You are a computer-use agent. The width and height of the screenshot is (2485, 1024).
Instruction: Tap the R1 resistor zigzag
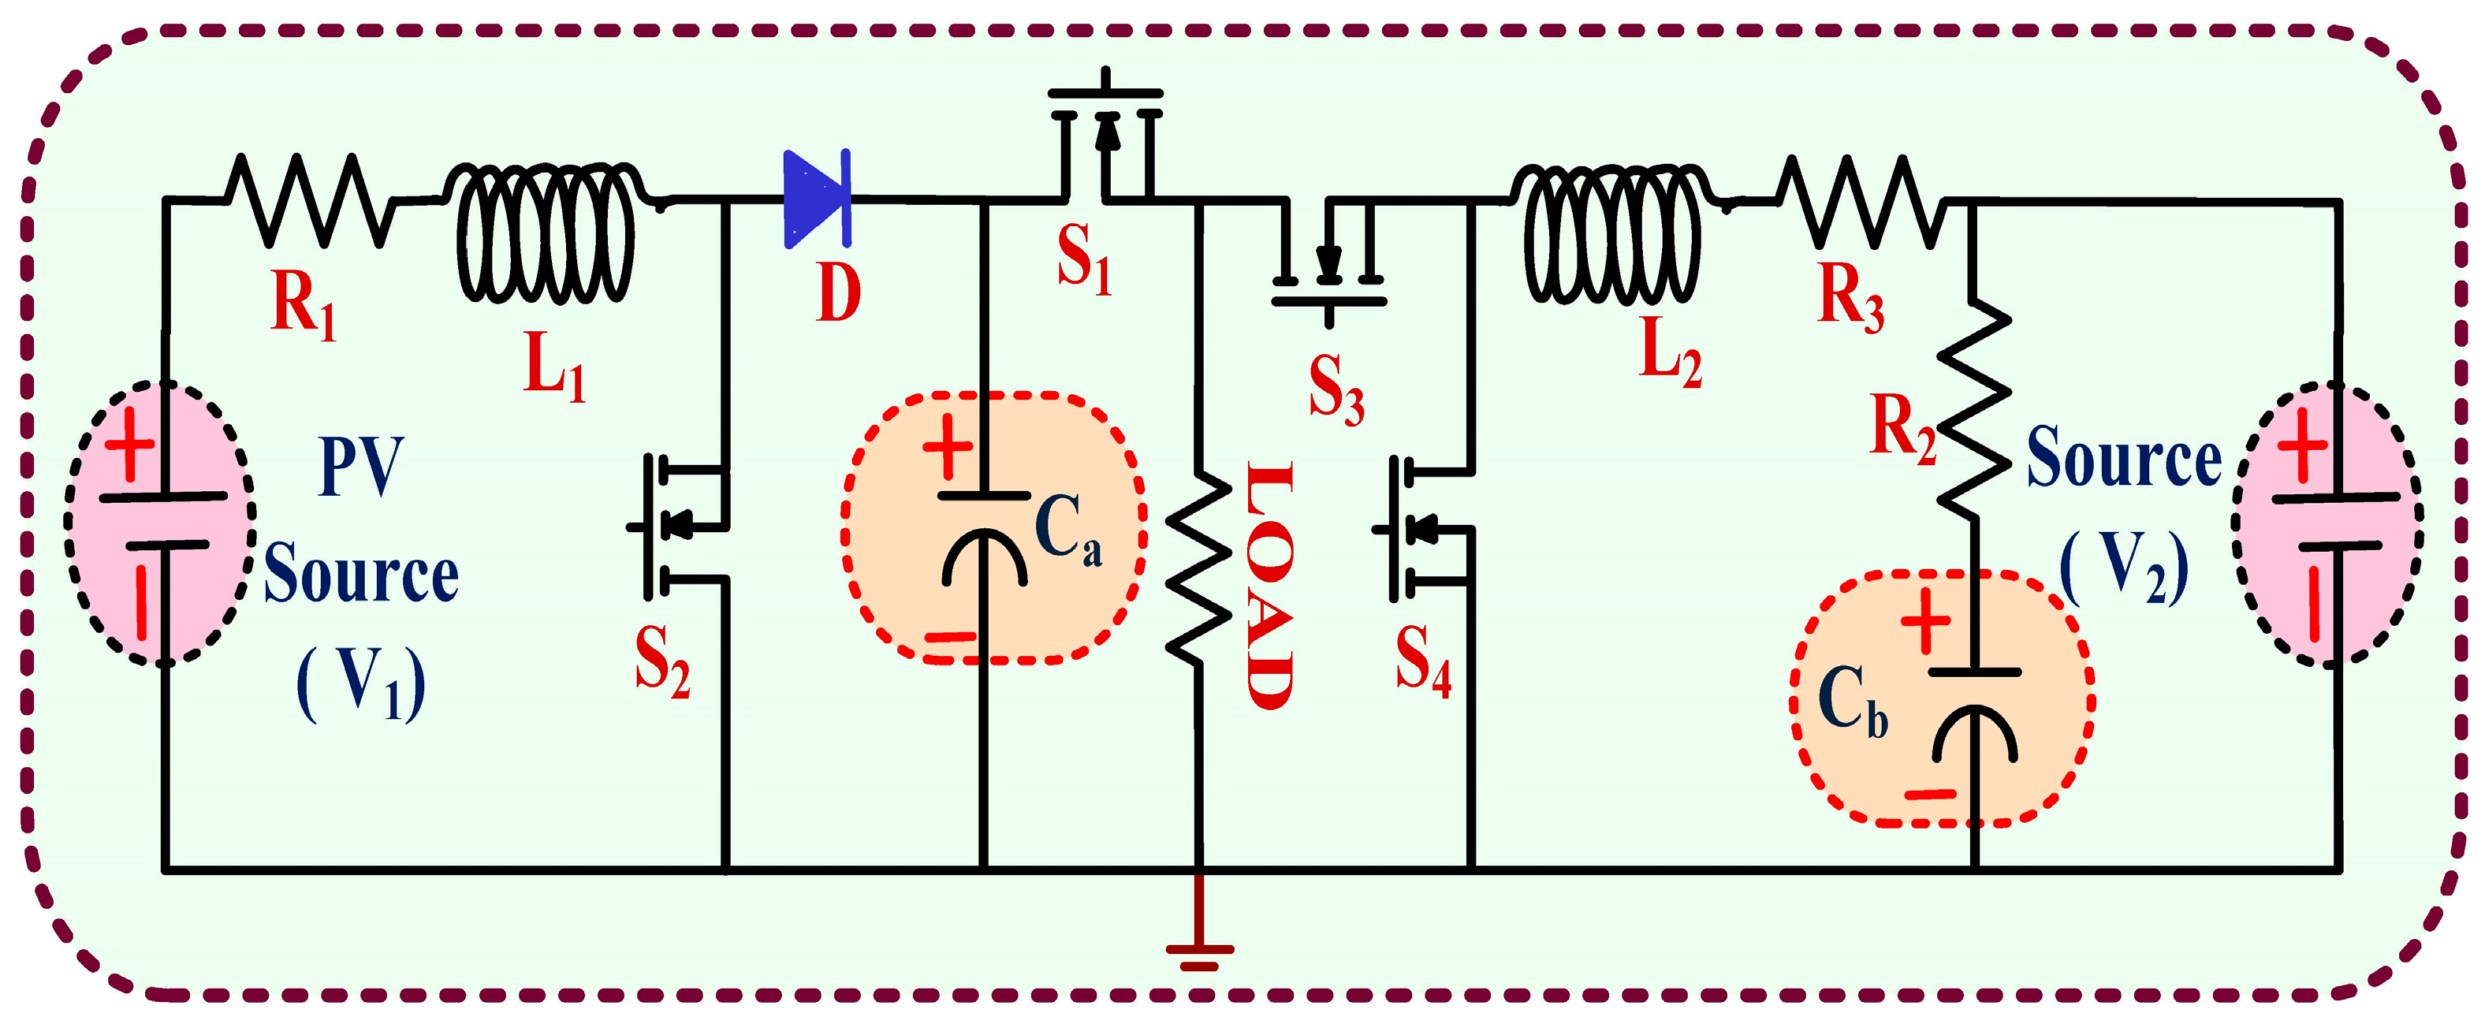(x=309, y=199)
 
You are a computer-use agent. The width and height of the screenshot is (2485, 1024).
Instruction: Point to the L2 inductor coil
(x=1613, y=232)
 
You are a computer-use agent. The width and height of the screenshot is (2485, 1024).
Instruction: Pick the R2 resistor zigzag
(x=1973, y=410)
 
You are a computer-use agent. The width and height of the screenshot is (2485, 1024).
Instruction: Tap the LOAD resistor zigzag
(x=1198, y=569)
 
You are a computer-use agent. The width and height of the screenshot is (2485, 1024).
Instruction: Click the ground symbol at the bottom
(x=1198, y=955)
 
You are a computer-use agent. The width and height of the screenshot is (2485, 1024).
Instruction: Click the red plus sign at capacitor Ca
(x=948, y=448)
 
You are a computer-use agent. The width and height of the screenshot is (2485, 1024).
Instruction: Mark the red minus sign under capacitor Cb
(x=1929, y=795)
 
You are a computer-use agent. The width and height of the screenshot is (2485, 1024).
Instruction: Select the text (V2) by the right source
(x=2123, y=569)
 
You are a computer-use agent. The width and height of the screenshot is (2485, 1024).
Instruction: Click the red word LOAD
(x=1269, y=585)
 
